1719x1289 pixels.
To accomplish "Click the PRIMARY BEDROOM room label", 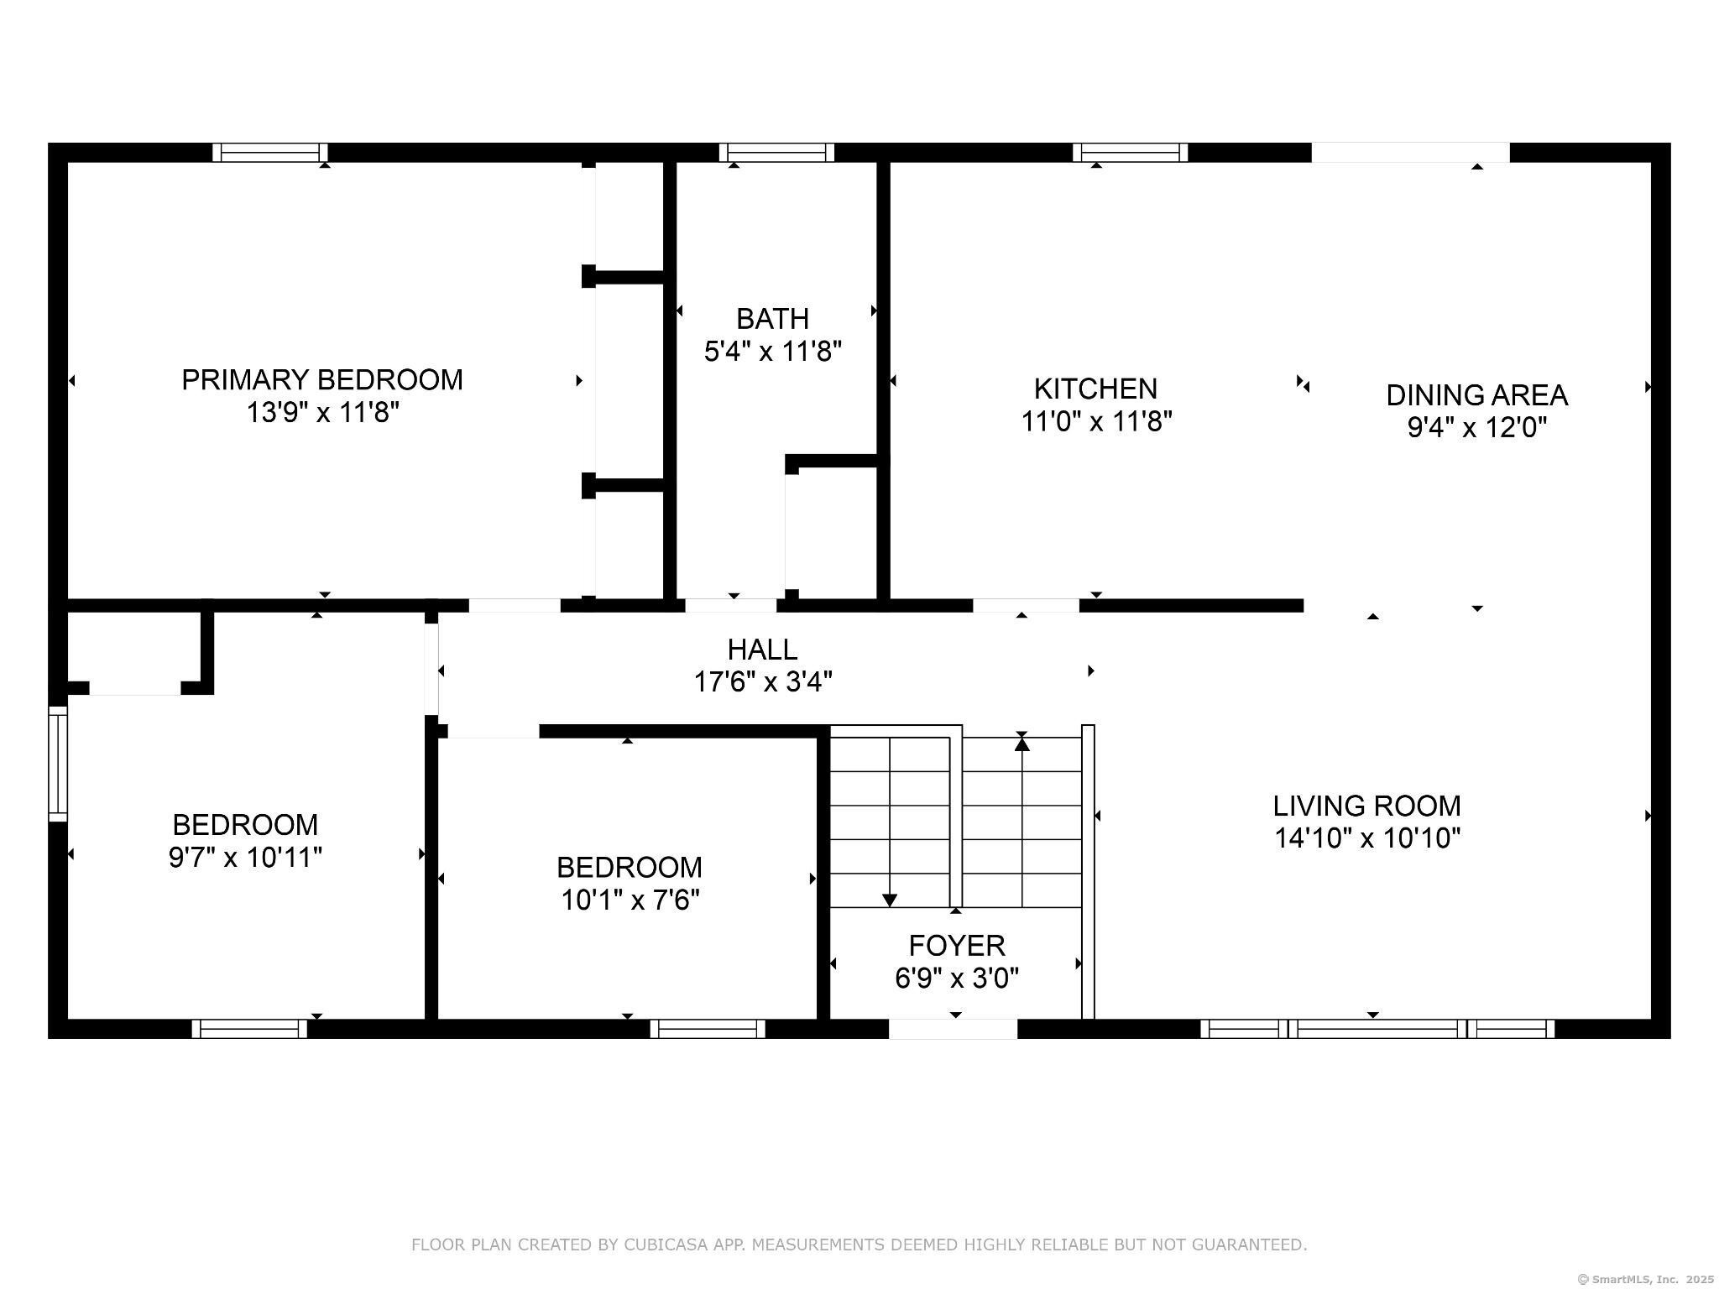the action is point(322,380).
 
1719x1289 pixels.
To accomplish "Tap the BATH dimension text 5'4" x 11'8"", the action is point(773,351).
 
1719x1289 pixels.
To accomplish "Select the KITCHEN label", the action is point(1095,389).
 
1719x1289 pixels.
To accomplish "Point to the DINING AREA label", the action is point(1476,394).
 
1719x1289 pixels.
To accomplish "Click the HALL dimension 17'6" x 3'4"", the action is point(763,681).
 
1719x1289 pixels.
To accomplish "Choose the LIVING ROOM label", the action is point(1367,806).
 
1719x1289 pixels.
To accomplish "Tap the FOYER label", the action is point(957,946).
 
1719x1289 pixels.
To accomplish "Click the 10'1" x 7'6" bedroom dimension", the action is point(630,900).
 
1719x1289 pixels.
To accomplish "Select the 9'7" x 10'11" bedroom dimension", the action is point(245,858).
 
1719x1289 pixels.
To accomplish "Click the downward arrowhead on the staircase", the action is point(890,900).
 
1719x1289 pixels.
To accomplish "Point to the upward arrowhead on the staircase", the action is point(1021,742).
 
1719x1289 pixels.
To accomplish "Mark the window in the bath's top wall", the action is point(776,153).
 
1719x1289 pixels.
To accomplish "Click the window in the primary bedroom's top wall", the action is point(269,153).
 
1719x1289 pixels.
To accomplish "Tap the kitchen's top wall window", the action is point(1130,153).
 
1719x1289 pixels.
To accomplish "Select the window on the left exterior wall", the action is point(58,764).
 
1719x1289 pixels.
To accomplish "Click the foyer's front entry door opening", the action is point(953,1029).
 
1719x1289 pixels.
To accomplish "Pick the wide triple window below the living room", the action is point(1377,1029).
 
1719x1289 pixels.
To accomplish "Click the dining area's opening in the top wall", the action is point(1410,153).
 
